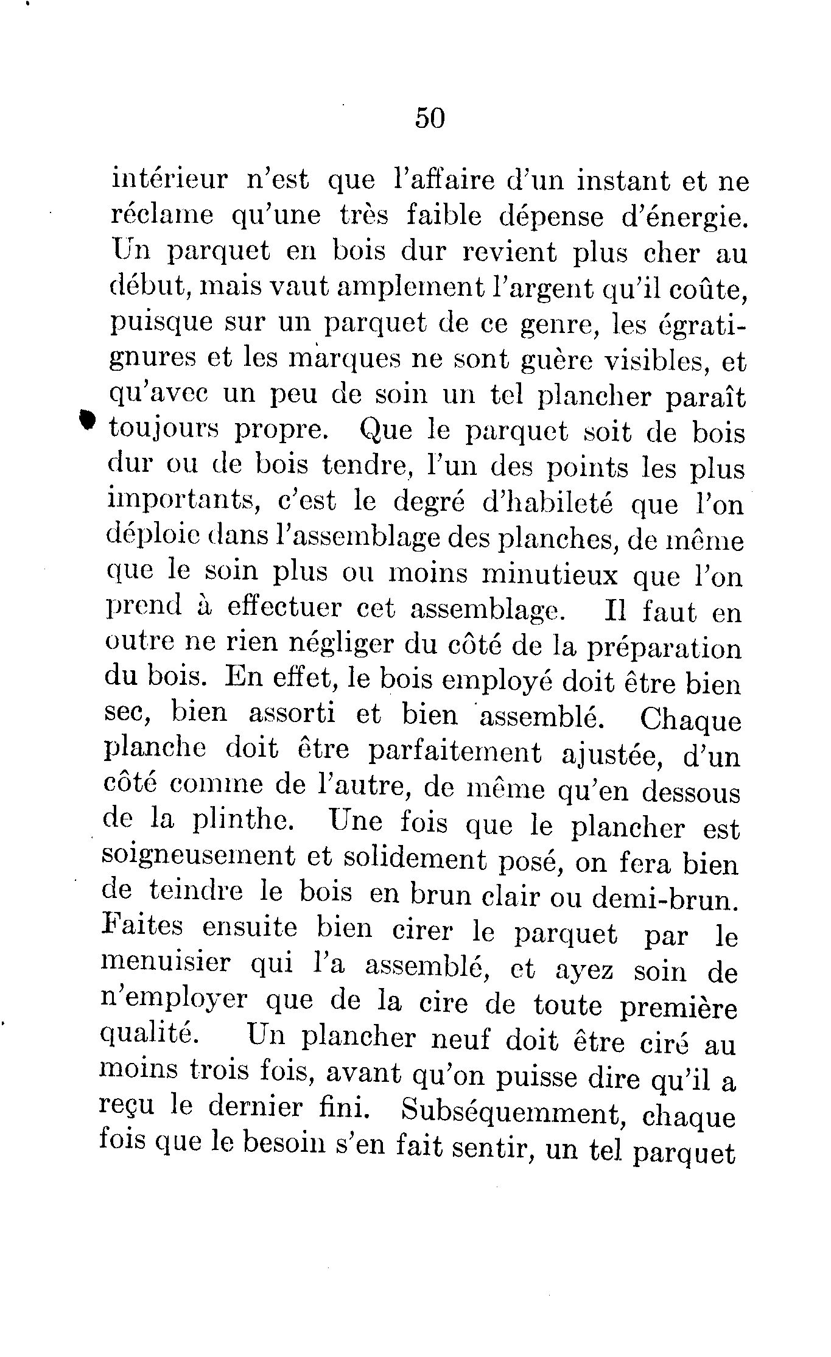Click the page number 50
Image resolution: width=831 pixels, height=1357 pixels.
click(430, 117)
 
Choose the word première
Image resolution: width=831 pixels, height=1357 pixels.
click(678, 1008)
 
